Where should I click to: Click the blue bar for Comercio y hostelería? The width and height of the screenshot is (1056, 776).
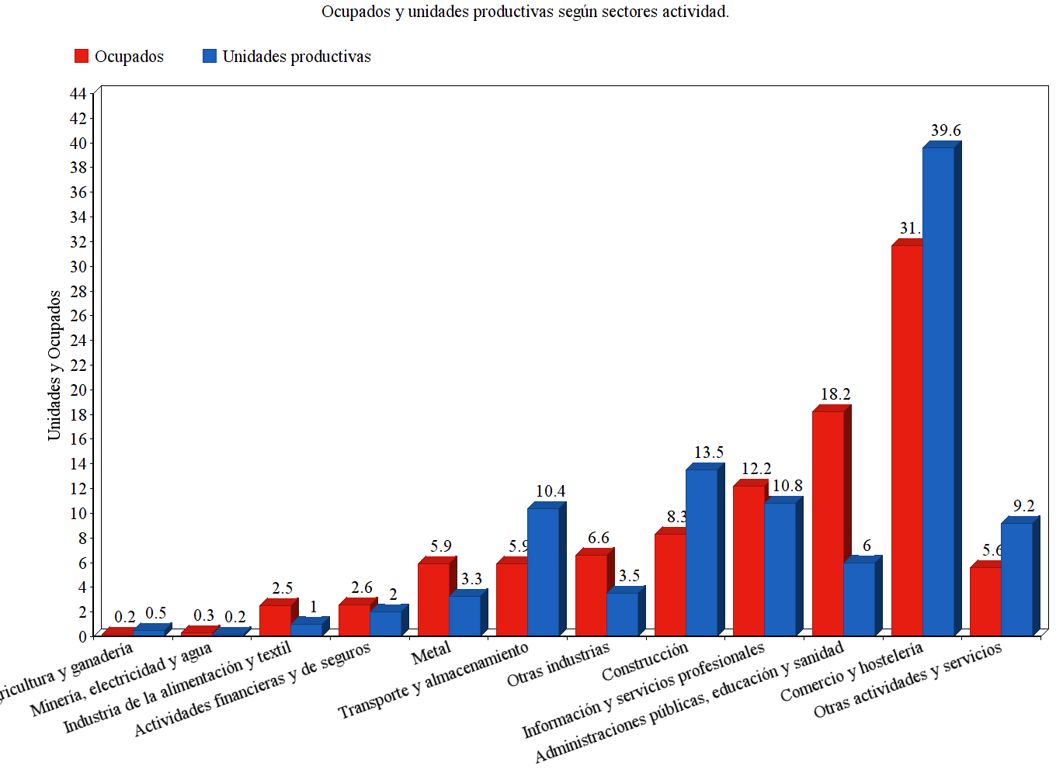click(938, 392)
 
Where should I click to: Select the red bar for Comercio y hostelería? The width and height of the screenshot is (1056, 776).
click(907, 441)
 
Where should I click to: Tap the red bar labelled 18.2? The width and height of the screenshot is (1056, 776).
click(828, 524)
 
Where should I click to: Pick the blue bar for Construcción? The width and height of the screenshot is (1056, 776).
click(701, 553)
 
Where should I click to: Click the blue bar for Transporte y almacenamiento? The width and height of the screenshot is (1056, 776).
click(543, 572)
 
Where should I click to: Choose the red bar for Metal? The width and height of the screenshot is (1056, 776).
click(433, 600)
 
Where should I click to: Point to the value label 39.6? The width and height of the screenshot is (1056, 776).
click(946, 130)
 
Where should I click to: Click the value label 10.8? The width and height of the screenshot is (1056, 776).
click(787, 486)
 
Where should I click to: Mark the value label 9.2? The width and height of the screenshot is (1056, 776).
click(1023, 506)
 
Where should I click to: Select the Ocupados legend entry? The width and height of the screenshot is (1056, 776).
click(120, 57)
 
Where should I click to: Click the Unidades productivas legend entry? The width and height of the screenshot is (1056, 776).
click(287, 57)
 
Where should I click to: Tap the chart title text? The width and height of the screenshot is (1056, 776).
click(525, 12)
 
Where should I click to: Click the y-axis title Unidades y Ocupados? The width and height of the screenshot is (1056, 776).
click(54, 365)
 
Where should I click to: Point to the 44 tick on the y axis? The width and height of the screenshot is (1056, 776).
click(78, 94)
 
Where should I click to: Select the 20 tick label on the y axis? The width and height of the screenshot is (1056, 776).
click(78, 390)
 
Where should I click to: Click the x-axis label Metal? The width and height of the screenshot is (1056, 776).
click(432, 654)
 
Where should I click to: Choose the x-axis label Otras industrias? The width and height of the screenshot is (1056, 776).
click(558, 664)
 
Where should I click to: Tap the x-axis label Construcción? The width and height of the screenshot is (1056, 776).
click(644, 661)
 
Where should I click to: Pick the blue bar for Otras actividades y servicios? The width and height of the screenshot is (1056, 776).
click(1016, 579)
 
